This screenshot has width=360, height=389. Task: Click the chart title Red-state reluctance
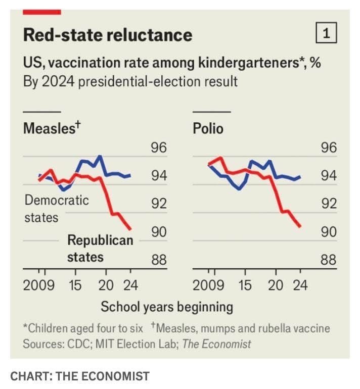coord(108,35)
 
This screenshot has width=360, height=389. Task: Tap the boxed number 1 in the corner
coord(326,33)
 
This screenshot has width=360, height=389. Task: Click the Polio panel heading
coord(208,128)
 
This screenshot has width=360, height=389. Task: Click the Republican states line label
coord(100,248)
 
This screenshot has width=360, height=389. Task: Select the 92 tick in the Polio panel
coord(328,204)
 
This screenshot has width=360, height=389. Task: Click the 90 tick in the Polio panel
coord(328,232)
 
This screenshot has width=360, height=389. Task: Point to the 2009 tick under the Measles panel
coord(38,285)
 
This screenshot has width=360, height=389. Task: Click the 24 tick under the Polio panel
coord(300,285)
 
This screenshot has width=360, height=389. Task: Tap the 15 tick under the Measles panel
coord(75,285)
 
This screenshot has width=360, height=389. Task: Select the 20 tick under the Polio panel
coord(276,285)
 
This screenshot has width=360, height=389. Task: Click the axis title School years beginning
coord(167,307)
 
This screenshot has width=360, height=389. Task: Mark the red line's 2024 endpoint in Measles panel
coord(130,228)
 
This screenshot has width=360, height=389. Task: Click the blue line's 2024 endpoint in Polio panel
coord(300,177)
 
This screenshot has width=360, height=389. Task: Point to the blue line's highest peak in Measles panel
coord(100,156)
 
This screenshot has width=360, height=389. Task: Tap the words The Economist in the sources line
coord(216,345)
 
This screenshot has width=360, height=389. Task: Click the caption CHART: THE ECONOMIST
coord(80,376)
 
